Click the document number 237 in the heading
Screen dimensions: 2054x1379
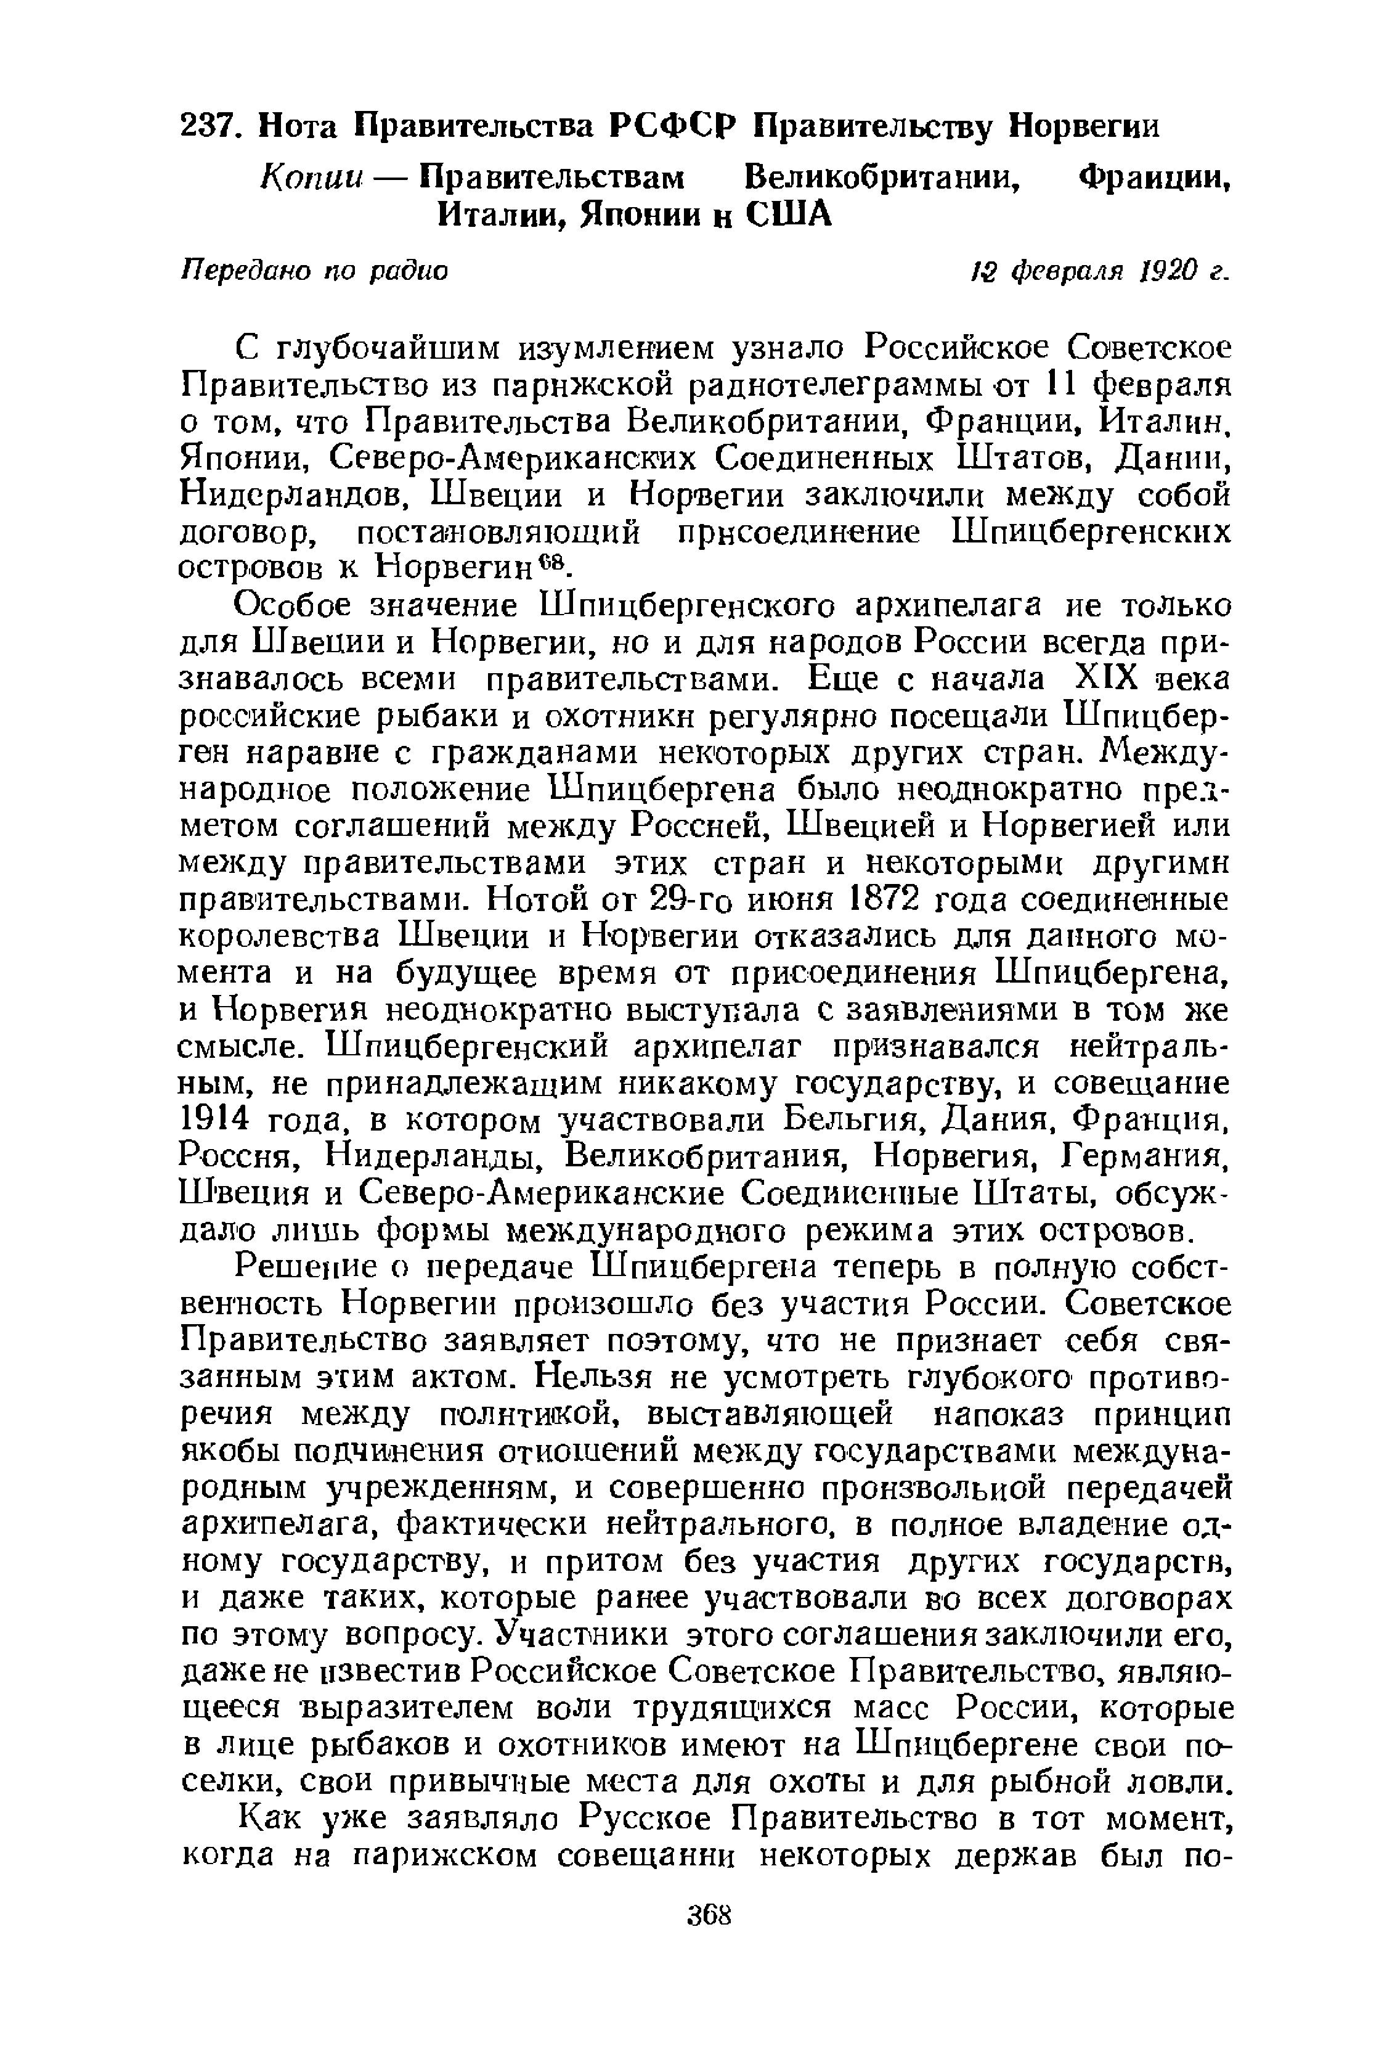208,126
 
